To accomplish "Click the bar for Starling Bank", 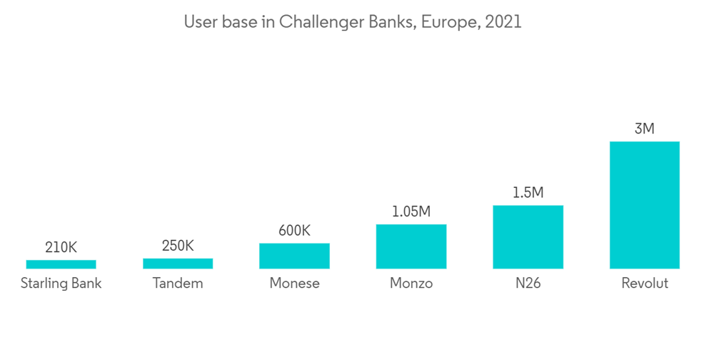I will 61,264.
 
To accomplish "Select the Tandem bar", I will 178,264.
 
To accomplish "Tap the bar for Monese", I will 294,256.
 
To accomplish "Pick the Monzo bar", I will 411,246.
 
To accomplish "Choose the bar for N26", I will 528,237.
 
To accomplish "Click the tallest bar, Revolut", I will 644,205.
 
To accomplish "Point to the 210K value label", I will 61,248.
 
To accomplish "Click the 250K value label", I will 178,246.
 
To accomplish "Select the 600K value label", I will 294,231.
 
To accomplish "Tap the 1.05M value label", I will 411,211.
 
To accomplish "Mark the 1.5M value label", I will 528,193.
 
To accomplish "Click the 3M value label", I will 644,129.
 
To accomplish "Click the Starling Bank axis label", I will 61,284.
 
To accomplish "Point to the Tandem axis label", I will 178,284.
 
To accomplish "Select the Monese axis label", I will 294,284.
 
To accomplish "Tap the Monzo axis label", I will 411,284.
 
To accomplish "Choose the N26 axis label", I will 528,284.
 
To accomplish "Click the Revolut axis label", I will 644,284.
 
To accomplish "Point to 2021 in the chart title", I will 503,22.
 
